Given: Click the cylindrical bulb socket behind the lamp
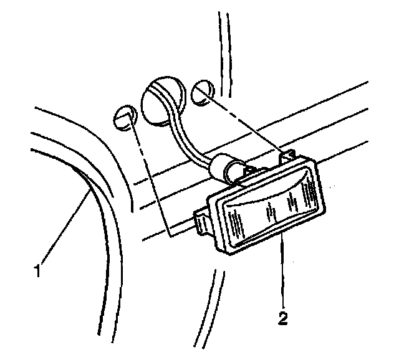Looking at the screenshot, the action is (x=225, y=168).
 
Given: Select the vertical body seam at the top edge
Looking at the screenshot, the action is (x=221, y=37).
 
